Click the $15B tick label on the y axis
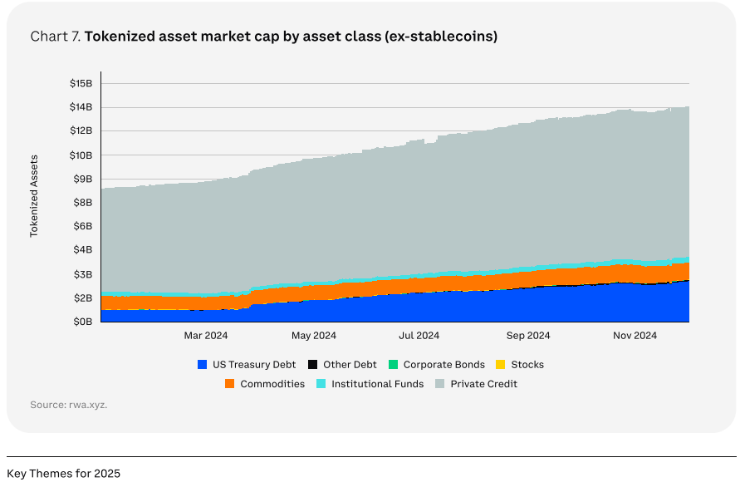point(82,83)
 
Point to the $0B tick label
point(82,322)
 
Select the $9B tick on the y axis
point(82,179)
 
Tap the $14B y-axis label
point(82,107)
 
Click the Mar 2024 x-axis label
point(205,336)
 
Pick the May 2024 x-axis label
point(313,336)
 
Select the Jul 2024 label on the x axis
point(419,336)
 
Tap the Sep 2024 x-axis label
point(528,336)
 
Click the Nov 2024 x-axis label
point(635,336)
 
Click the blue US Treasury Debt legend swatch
point(202,365)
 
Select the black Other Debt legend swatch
point(312,365)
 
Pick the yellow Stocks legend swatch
point(500,365)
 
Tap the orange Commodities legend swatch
point(230,384)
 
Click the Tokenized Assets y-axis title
point(35,195)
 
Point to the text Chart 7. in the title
point(55,37)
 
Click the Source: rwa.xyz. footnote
point(69,405)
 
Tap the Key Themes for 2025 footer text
point(63,474)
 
